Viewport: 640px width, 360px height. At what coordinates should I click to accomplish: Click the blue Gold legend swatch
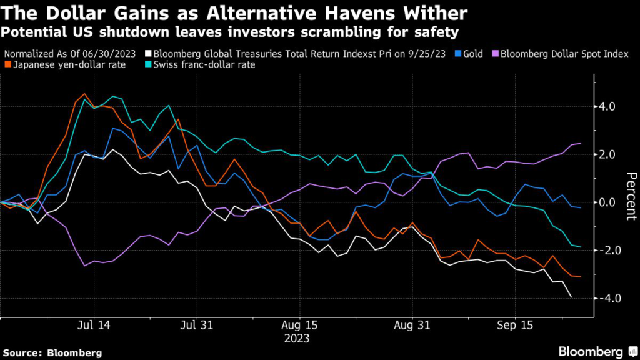click(x=458, y=54)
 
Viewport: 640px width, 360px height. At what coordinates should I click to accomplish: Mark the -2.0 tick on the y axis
click(x=606, y=251)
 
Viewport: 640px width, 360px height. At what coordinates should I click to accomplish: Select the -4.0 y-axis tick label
click(x=606, y=298)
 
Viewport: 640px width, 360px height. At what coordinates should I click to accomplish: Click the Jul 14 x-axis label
click(x=94, y=326)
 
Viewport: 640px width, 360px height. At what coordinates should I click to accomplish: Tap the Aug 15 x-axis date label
click(x=300, y=326)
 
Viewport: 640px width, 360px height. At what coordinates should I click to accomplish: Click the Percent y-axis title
click(x=629, y=196)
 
